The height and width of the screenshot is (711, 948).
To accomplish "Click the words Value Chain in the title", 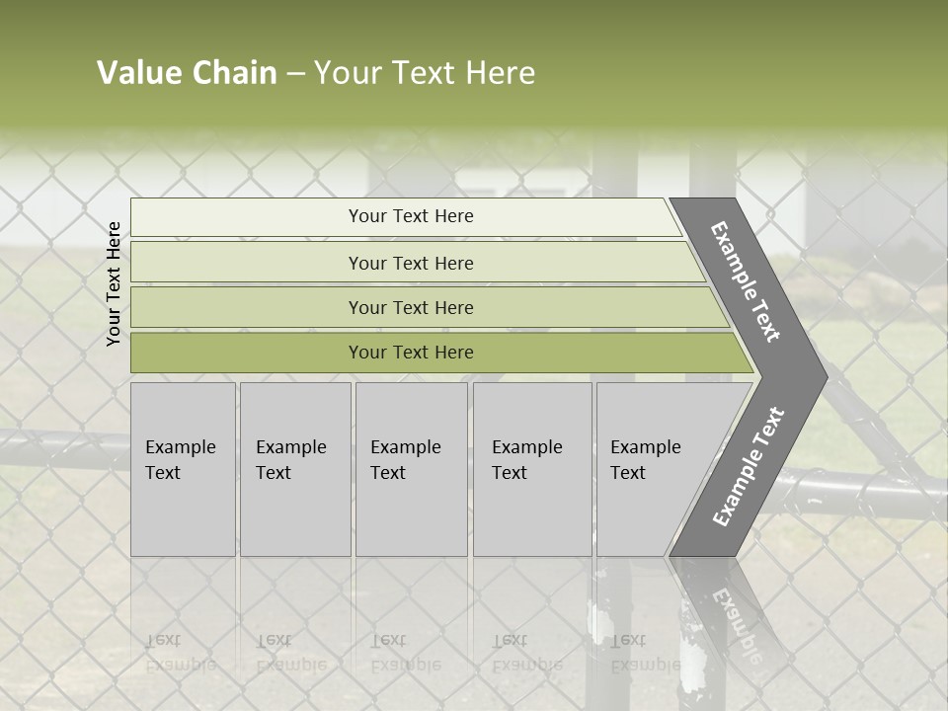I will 187,73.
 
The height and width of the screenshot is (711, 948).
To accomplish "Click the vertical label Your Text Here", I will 114,283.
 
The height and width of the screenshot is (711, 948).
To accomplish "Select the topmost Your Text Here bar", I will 411,216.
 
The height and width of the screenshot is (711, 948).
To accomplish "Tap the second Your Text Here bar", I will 411,263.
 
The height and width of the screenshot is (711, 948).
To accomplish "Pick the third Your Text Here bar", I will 411,307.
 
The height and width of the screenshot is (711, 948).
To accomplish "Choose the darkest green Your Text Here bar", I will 411,353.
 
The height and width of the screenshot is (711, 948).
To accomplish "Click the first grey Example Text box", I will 183,468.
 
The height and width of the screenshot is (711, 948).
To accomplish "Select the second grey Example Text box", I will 295,468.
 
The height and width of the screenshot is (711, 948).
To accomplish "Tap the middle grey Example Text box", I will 411,468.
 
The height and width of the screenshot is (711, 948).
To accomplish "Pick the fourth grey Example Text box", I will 532,468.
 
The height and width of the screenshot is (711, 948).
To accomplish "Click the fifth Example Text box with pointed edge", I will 652,468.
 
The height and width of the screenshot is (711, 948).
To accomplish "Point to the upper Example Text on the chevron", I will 746,281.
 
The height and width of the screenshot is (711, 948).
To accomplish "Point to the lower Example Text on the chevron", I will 749,467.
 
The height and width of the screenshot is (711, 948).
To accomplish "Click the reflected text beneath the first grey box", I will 180,653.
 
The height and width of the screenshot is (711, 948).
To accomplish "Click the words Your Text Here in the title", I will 425,73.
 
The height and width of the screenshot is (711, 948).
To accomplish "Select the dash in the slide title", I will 295,74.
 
